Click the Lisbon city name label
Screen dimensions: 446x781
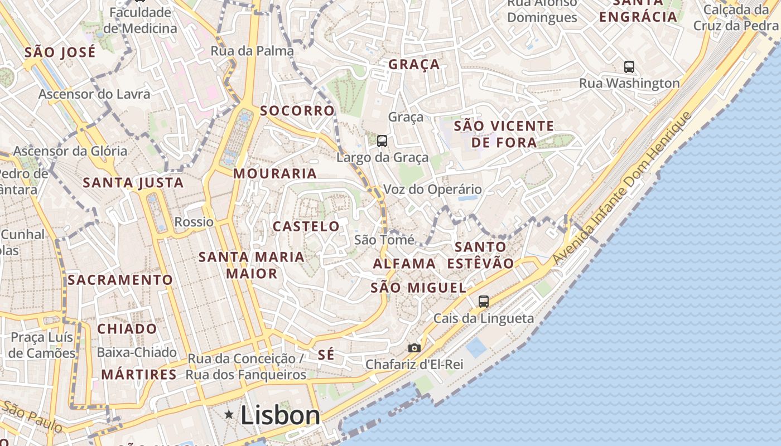[x=280, y=415]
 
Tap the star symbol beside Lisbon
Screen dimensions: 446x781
[x=229, y=414]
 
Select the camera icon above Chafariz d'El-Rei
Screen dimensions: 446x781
[x=414, y=348]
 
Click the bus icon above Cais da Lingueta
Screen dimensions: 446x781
[x=484, y=302]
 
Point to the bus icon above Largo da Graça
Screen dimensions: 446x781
[x=382, y=140]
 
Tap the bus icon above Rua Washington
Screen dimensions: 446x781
[x=629, y=67]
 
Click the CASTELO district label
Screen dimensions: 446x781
[x=306, y=226]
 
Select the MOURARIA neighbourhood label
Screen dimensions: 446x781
[x=275, y=173]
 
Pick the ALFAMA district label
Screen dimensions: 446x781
[x=404, y=263]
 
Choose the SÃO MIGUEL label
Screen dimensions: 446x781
[x=418, y=288]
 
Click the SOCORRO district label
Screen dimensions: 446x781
[x=297, y=110]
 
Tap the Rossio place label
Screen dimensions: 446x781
[x=194, y=222]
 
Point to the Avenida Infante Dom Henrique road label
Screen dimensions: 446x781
[x=622, y=189]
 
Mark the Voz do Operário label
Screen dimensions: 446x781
[x=432, y=190]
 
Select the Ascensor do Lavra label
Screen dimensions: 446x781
[x=94, y=94]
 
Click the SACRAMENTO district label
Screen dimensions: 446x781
[x=120, y=280]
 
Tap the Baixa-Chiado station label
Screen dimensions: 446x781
[x=137, y=352]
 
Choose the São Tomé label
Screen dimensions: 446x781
[x=384, y=240]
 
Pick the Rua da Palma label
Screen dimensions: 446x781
[x=252, y=51]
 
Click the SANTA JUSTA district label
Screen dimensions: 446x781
[x=133, y=183]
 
